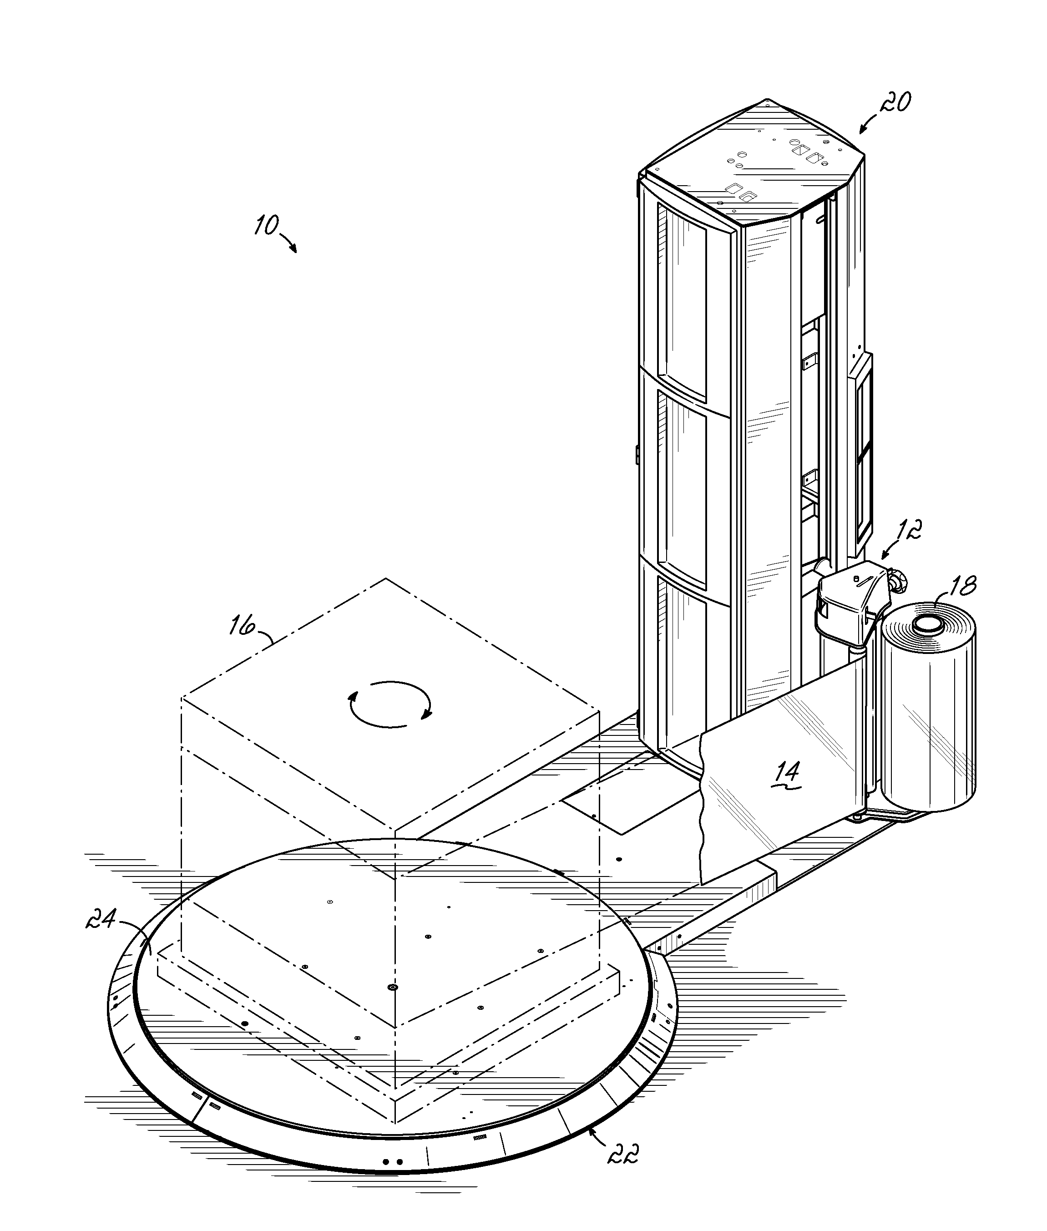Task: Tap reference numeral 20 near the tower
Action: coord(895,103)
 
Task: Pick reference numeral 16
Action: coord(242,626)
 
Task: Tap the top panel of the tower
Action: coord(754,163)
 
